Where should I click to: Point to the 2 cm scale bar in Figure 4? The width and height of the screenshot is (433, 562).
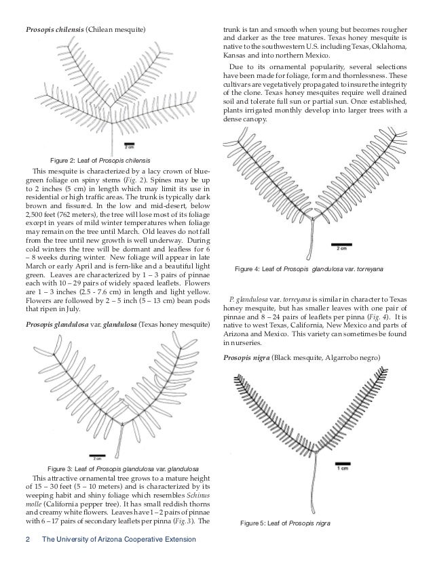(343, 245)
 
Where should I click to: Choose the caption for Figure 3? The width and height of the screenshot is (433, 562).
(123, 469)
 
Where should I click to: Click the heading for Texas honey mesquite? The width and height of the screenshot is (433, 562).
(117, 325)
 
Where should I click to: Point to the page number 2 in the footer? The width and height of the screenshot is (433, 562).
(28, 539)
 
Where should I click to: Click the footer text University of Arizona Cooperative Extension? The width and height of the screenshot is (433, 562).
(119, 539)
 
